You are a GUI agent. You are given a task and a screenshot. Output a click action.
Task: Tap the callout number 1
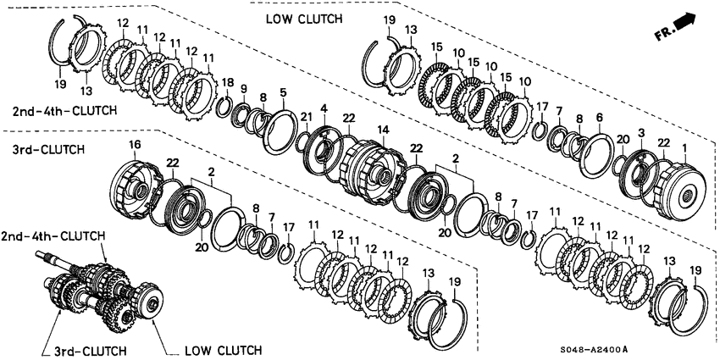(x=684, y=148)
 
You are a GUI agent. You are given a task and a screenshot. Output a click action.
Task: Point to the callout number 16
(x=134, y=146)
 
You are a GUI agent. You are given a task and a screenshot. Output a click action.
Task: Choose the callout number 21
(x=303, y=117)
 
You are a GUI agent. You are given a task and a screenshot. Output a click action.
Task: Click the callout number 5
(x=283, y=93)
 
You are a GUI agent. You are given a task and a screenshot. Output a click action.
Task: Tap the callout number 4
(x=324, y=109)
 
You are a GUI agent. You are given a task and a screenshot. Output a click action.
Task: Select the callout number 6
(x=599, y=118)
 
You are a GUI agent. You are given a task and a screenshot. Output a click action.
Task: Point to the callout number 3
(x=641, y=133)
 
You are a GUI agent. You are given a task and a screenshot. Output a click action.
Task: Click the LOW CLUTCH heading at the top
(x=304, y=19)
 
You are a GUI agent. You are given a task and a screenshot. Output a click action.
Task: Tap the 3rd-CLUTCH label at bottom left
(x=91, y=351)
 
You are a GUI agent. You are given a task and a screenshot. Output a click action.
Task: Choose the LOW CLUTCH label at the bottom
(x=223, y=351)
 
